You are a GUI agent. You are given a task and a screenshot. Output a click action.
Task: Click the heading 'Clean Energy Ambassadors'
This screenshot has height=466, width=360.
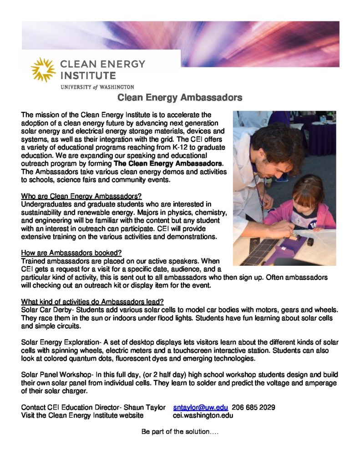(180, 97)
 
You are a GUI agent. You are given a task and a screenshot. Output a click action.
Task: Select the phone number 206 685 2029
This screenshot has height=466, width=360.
(254, 407)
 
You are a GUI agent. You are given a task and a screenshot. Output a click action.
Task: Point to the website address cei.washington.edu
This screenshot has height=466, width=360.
(203, 415)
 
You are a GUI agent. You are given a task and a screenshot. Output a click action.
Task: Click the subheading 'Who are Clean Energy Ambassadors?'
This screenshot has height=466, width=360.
(81, 196)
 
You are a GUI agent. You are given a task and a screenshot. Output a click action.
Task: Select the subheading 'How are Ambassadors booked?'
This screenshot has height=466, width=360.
(71, 253)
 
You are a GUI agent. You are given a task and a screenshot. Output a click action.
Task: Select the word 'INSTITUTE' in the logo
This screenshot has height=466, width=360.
(88, 75)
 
